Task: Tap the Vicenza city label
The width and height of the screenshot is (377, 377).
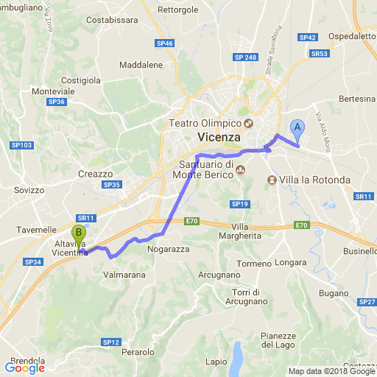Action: pos(219,138)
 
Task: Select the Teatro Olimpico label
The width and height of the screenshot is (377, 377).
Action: pos(205,122)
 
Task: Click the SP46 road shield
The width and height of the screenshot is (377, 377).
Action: pos(165,44)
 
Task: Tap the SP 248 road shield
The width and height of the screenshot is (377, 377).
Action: pos(244,57)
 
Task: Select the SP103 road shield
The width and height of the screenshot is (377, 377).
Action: pos(22,146)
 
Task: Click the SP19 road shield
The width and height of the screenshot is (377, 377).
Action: pos(238,204)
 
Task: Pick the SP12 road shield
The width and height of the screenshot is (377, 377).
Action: pos(110,342)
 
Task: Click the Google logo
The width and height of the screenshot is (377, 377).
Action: pos(24,367)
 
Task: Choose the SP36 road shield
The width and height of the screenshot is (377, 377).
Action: pos(56,102)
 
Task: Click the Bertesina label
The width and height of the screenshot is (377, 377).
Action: pos(357,98)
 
